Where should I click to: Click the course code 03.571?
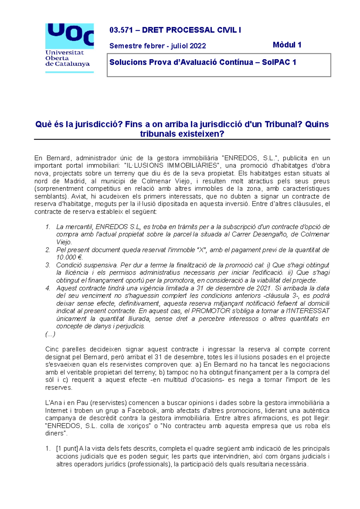click(119, 30)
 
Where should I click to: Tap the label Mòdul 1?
click(287, 45)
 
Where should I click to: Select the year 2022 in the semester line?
click(198, 46)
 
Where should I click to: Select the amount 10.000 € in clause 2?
click(69, 257)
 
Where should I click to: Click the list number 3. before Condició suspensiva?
click(48, 265)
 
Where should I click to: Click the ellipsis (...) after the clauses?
click(50, 334)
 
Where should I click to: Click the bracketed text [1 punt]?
click(67, 449)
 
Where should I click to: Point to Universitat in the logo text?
click(64, 52)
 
